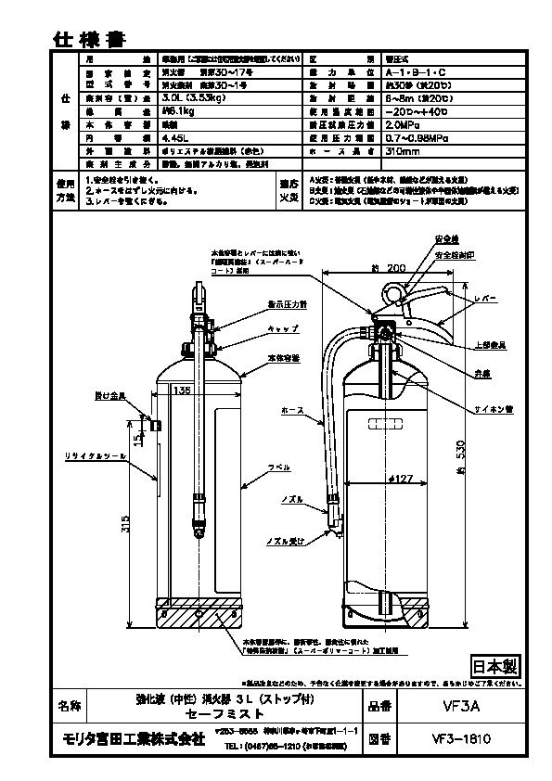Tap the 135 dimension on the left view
183,390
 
